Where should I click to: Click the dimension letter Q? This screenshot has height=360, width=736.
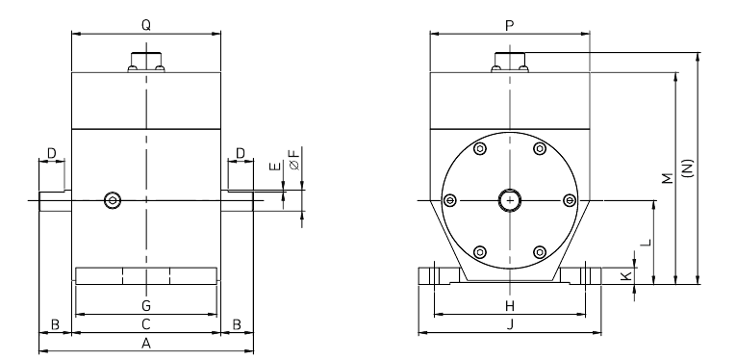pos(146,25)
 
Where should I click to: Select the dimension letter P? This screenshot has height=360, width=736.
pos(510,26)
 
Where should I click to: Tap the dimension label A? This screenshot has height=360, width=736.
pos(146,344)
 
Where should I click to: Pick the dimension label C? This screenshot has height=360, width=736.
pos(146,323)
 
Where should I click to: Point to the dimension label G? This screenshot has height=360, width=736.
pos(146,306)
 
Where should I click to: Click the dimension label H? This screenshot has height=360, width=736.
pos(510,306)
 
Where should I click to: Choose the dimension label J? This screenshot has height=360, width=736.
pos(510,324)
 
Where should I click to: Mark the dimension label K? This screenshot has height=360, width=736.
pos(624,276)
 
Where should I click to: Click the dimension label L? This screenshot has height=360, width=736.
pos(646,243)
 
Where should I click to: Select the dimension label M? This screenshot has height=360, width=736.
pos(667,178)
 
